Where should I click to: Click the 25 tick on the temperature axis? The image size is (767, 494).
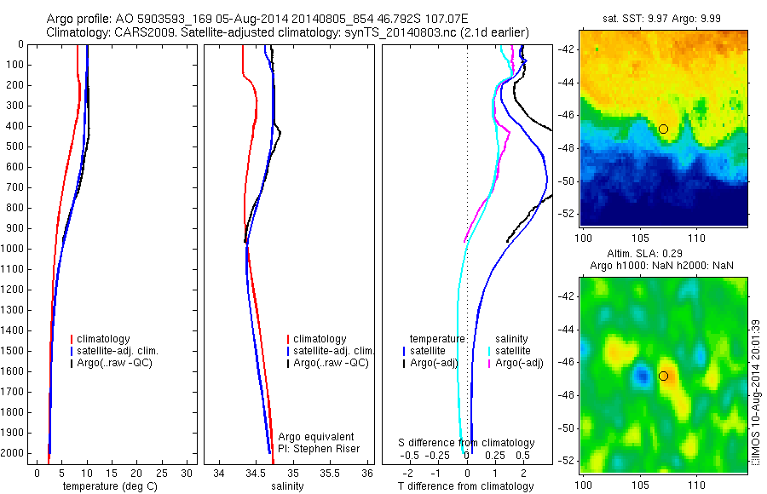point(162,473)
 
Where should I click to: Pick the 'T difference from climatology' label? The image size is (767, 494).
point(466,486)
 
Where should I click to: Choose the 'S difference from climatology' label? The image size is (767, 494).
point(466,443)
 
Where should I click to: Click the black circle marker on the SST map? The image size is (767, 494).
point(663,129)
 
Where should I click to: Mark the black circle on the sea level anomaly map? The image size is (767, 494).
point(663,376)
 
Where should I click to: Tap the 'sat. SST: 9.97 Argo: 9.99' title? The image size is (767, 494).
point(661,19)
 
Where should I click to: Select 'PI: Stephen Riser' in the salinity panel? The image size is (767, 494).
point(319,449)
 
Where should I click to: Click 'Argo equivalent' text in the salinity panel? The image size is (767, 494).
point(316,437)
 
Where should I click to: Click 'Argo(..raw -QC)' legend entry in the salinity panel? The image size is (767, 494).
point(331,363)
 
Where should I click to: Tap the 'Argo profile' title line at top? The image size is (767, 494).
point(256,19)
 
